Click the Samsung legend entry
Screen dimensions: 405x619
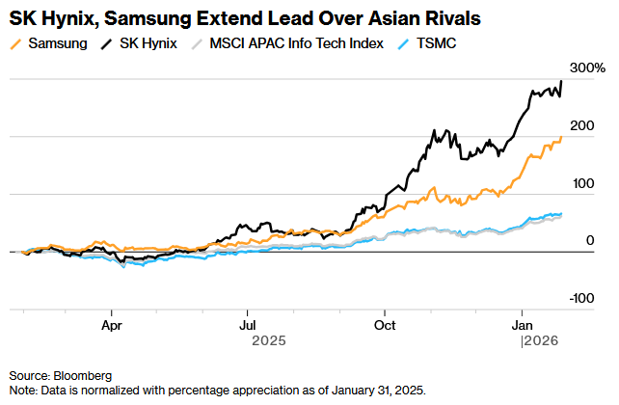(x=59, y=44)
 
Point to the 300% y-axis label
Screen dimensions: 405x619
(x=587, y=68)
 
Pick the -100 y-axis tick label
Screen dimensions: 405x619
(x=582, y=299)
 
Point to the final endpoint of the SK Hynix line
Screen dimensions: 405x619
(x=562, y=81)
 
